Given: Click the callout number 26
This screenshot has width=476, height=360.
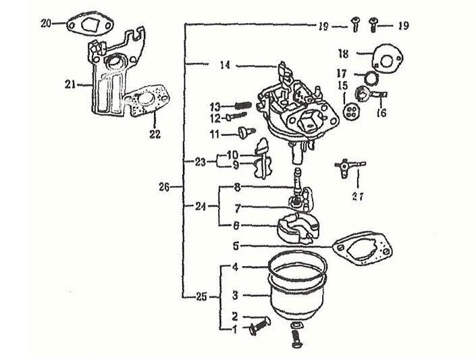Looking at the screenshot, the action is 165,187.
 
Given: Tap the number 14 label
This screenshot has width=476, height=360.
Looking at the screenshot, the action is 226,66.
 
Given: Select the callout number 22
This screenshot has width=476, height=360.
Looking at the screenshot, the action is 155,134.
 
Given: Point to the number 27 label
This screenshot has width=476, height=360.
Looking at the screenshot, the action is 358,197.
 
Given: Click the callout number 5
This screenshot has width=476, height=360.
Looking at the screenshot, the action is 236,246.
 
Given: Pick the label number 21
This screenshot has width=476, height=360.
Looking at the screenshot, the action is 70,84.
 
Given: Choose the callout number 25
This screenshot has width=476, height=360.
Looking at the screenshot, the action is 201,297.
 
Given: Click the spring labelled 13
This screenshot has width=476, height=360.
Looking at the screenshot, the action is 244,105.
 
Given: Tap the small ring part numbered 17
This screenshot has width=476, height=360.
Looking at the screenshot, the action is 370,78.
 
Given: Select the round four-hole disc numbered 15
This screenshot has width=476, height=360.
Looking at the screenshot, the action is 349,111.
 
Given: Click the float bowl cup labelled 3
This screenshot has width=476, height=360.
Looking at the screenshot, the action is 297,290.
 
